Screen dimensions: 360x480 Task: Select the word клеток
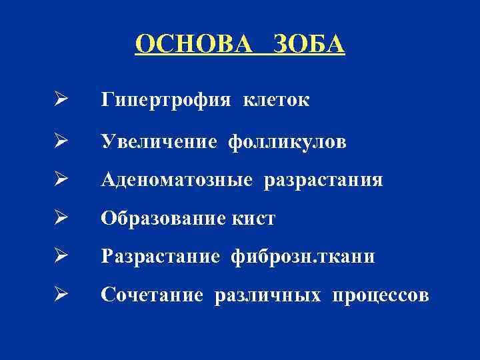(x=276, y=101)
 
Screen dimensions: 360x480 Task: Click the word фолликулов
(x=287, y=141)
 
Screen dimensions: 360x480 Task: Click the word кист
(x=255, y=218)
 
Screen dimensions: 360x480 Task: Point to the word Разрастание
(x=161, y=257)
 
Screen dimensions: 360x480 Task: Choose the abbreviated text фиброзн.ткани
(x=303, y=257)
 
